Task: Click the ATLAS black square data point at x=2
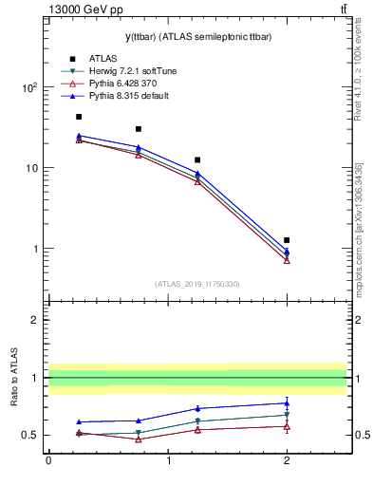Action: click(x=287, y=240)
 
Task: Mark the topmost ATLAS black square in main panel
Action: click(x=79, y=117)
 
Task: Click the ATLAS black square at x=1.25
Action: click(x=197, y=159)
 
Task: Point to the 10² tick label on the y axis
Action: click(x=29, y=87)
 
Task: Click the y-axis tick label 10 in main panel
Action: click(x=31, y=168)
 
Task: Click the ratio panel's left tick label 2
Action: click(x=35, y=320)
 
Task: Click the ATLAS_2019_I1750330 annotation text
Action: click(x=196, y=284)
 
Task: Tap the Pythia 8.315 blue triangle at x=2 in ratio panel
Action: click(x=287, y=403)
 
